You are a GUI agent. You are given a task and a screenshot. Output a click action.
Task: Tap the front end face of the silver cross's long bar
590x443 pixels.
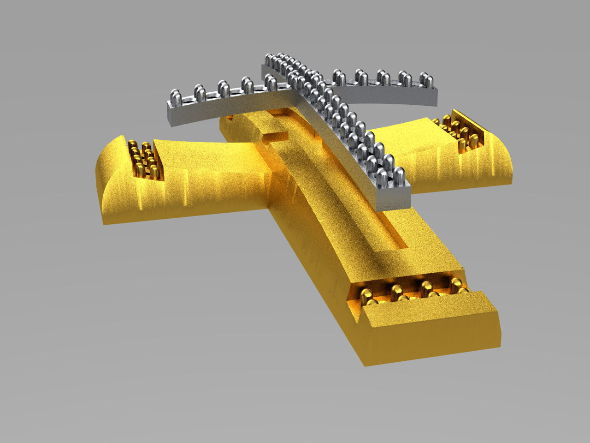point(393,199)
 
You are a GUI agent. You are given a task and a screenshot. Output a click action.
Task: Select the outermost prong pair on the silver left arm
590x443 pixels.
point(176,97)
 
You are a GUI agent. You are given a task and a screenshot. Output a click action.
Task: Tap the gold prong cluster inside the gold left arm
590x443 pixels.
point(144,159)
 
